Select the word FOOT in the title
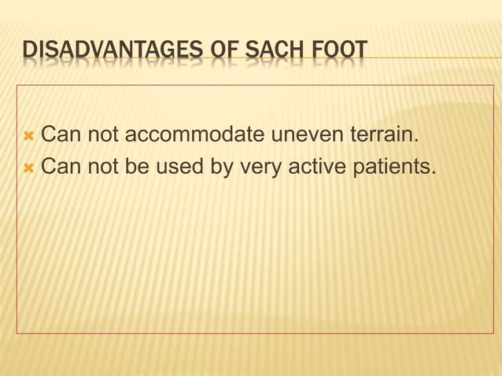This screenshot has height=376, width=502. [x=341, y=51]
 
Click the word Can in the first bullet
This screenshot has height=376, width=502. [x=57, y=139]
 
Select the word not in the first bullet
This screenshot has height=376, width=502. [x=97, y=139]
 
